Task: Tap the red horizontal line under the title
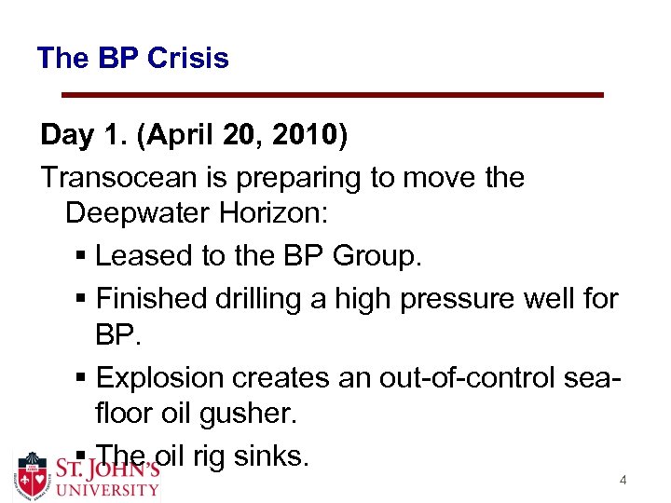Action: (333, 95)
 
